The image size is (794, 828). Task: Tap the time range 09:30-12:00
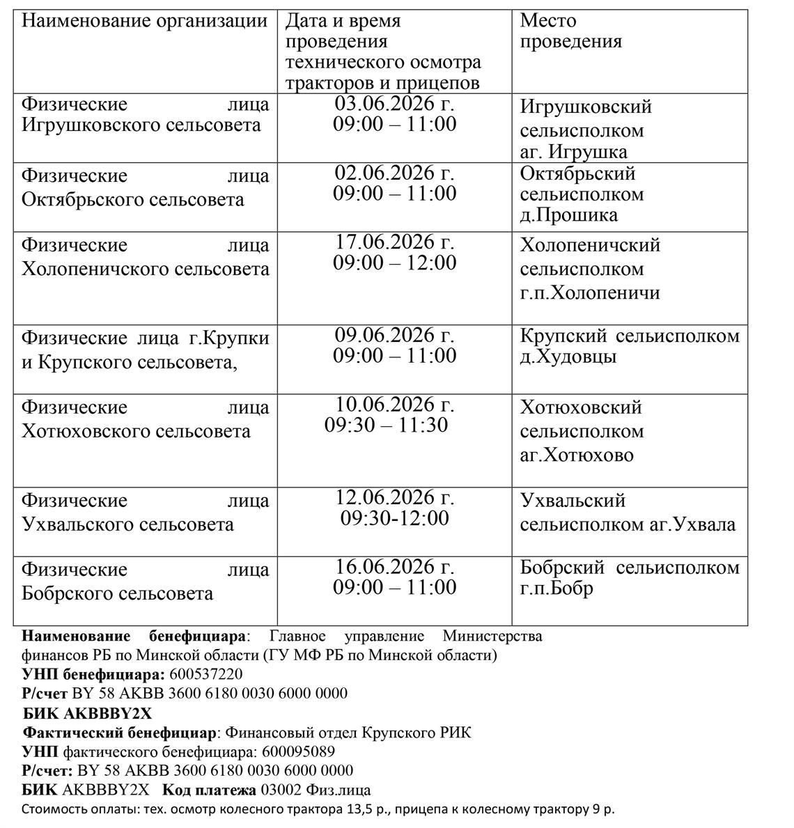click(x=394, y=519)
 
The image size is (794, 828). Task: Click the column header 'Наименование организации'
click(x=144, y=21)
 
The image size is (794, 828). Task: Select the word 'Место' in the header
click(x=548, y=21)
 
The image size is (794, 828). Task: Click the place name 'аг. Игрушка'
click(x=573, y=152)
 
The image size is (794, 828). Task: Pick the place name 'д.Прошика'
click(x=568, y=214)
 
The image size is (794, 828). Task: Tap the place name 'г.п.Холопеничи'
click(x=590, y=292)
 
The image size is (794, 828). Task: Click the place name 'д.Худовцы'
click(x=568, y=357)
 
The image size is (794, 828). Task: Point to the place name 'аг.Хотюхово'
click(x=577, y=455)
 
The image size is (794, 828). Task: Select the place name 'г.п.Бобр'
click(x=556, y=589)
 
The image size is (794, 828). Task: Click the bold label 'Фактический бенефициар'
click(x=120, y=733)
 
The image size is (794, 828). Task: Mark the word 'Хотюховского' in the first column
click(x=86, y=432)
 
